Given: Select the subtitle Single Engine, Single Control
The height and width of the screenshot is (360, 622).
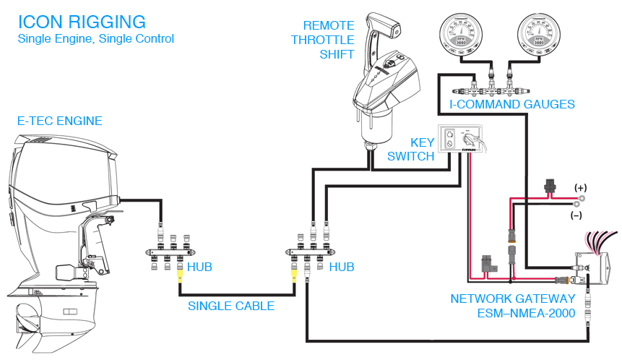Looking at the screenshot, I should pos(95,38).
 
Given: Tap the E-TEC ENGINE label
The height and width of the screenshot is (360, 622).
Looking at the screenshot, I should pos(59,121).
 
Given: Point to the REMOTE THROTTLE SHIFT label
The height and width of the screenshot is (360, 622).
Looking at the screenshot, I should pos(323,40).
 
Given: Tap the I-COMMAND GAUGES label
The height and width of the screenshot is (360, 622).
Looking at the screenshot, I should pos(512,105).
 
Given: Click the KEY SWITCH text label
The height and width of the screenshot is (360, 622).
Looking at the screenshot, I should pos(412,150).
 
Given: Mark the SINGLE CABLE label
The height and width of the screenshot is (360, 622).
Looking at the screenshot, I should pos(231,306).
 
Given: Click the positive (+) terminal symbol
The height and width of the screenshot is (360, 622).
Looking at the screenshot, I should pos(579,187).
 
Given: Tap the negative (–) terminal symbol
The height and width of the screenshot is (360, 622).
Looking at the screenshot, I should pos(576,215).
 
